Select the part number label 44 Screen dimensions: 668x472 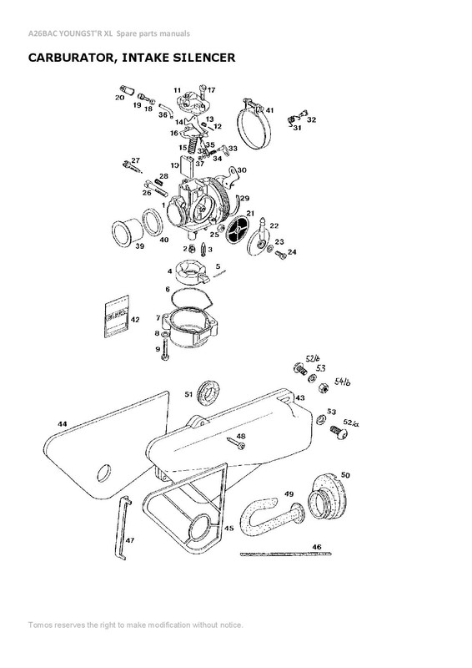coord(62,425)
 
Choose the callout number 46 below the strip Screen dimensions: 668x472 coord(316,546)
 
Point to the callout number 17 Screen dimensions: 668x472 coord(211,90)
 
